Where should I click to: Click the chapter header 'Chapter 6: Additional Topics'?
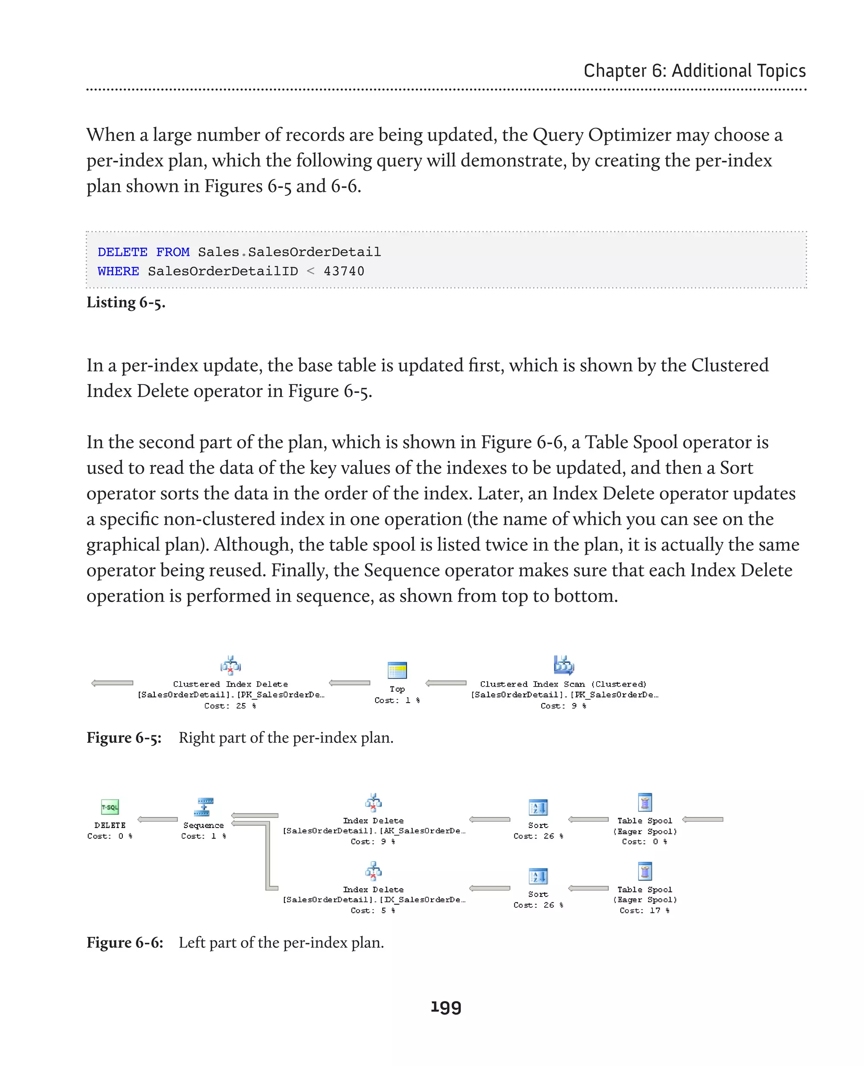(694, 71)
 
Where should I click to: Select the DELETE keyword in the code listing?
(122, 252)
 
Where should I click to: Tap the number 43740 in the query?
(344, 271)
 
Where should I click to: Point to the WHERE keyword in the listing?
(119, 271)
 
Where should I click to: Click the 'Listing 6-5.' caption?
(126, 302)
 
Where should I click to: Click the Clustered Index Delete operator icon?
(230, 665)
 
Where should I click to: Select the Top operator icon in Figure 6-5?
(397, 670)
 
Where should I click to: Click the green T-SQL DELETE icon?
(110, 807)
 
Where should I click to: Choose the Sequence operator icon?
(204, 807)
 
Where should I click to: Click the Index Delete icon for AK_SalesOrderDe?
(373, 803)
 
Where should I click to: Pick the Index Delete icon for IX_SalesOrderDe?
(373, 871)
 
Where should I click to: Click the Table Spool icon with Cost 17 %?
(645, 871)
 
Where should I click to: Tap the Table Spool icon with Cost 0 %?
(645, 803)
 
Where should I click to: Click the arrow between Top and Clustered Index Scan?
(446, 683)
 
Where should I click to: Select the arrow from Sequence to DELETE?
(157, 820)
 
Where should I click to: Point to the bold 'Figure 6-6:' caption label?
(125, 942)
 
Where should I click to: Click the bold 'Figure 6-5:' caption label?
(124, 737)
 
